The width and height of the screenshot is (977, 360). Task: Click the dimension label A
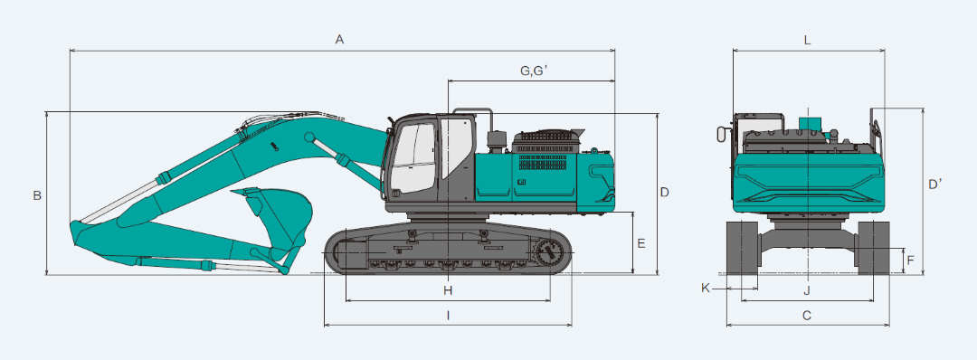click(x=340, y=39)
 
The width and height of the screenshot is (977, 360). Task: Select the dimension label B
click(x=37, y=195)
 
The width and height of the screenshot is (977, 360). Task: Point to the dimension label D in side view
click(x=664, y=192)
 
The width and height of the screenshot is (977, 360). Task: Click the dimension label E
click(x=640, y=243)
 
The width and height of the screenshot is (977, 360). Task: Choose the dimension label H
click(x=447, y=289)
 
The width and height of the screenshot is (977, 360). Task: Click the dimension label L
click(x=807, y=40)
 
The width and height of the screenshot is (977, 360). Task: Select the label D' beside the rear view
click(x=935, y=185)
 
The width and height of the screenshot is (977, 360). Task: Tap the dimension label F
click(x=911, y=261)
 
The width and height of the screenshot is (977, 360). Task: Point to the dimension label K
click(x=706, y=289)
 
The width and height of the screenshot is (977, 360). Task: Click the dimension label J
click(x=807, y=289)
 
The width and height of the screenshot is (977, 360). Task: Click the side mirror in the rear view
click(x=721, y=134)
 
